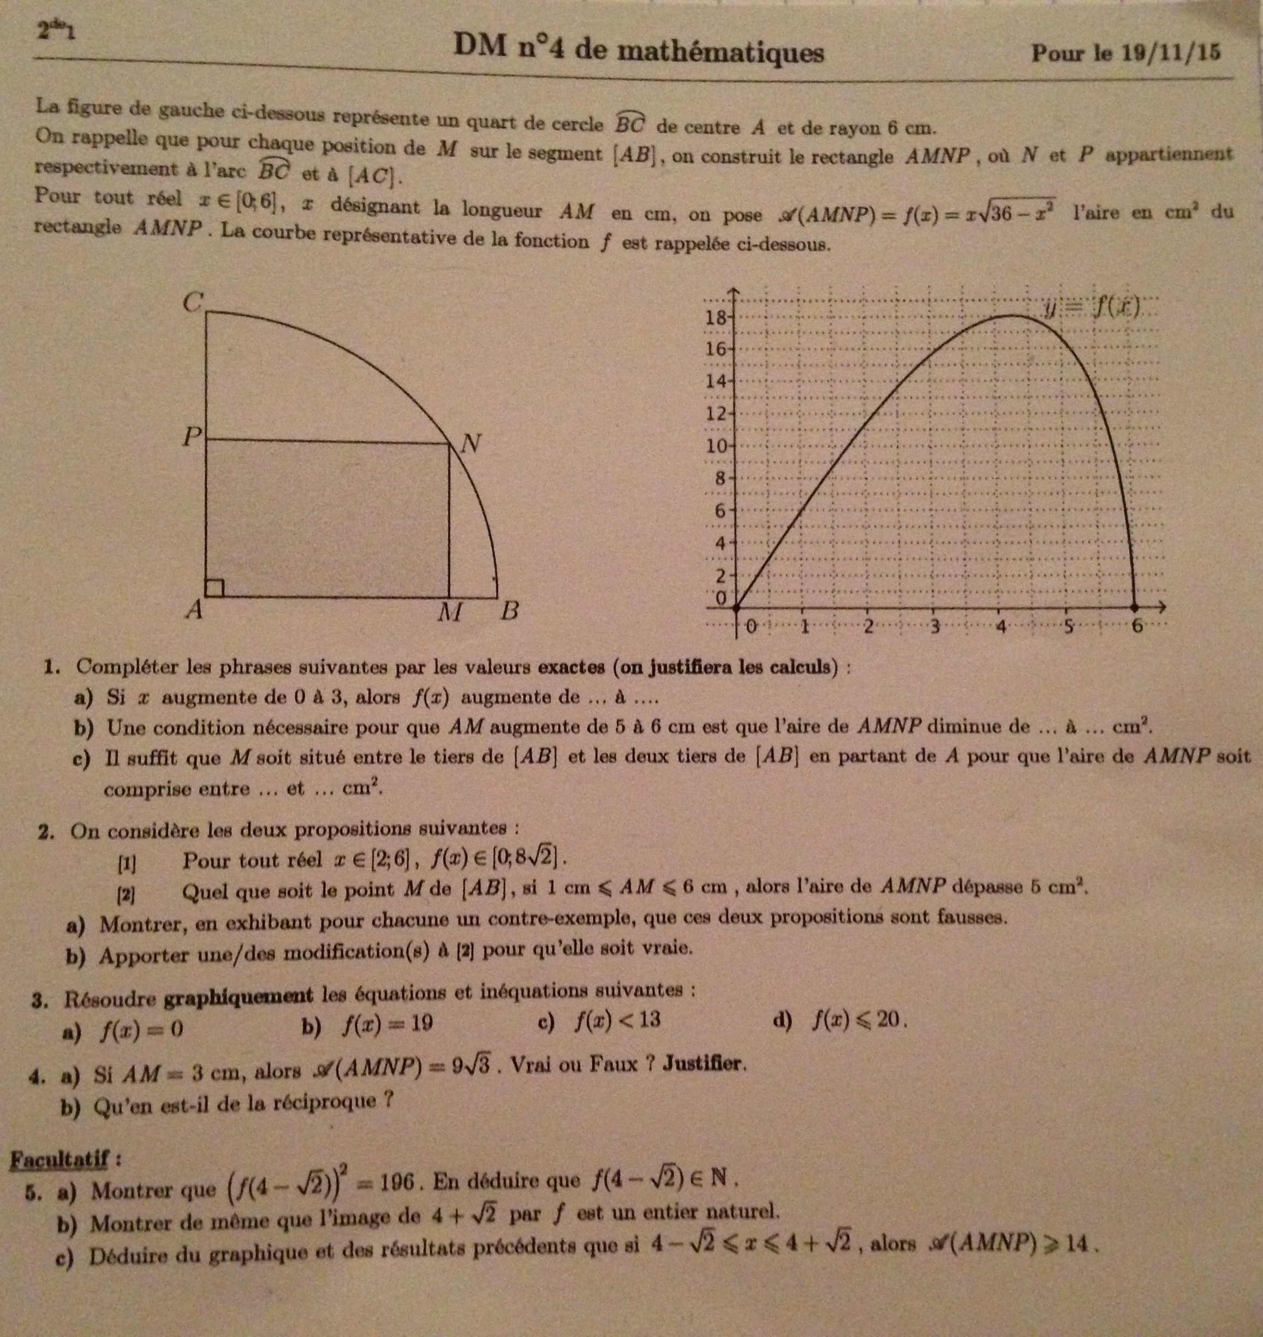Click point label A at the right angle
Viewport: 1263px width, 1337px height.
click(x=194, y=610)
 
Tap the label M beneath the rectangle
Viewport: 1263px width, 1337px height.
click(x=449, y=612)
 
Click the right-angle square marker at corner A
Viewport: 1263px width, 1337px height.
click(x=214, y=587)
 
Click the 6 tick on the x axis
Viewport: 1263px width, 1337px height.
click(x=1137, y=626)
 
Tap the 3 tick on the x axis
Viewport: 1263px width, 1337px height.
click(x=934, y=627)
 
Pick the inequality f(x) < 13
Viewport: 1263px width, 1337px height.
click(x=617, y=1021)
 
